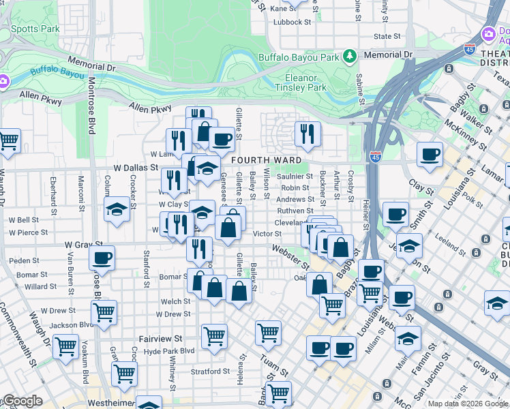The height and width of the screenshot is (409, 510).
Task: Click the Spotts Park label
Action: click(35, 29)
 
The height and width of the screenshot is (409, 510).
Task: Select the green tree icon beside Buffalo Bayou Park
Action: click(349, 55)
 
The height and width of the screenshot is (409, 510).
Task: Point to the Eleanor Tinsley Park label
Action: click(301, 82)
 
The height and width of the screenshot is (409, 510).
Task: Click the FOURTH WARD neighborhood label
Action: click(266, 160)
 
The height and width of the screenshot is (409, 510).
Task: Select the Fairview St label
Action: click(160, 338)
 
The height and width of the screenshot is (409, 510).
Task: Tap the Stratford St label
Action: click(210, 372)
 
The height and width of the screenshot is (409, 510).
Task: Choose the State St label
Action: click(387, 36)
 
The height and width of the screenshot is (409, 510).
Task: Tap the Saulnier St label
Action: click(295, 177)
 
